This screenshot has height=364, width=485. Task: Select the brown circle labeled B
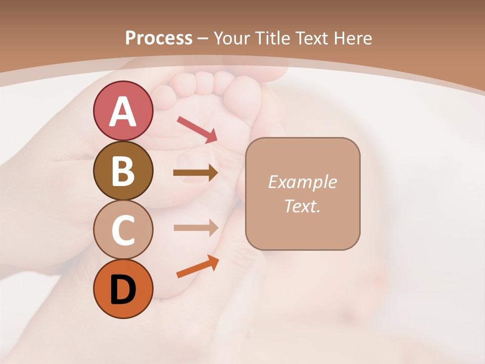[x=123, y=170]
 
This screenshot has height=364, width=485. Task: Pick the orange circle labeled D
[x=123, y=289]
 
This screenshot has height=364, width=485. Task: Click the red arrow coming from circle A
[x=197, y=129]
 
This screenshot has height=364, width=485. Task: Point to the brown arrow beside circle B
[x=196, y=173]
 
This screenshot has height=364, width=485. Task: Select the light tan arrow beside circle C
[x=196, y=228]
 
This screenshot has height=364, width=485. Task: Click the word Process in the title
[x=159, y=38]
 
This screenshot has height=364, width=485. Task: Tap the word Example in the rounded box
[x=302, y=182]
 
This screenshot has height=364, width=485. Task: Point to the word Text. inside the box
[x=302, y=206]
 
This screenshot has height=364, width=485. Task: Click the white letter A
[x=123, y=112]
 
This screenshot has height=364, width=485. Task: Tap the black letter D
[x=123, y=290]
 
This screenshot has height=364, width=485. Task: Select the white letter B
[x=123, y=171]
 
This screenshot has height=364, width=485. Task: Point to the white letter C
[x=123, y=230]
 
